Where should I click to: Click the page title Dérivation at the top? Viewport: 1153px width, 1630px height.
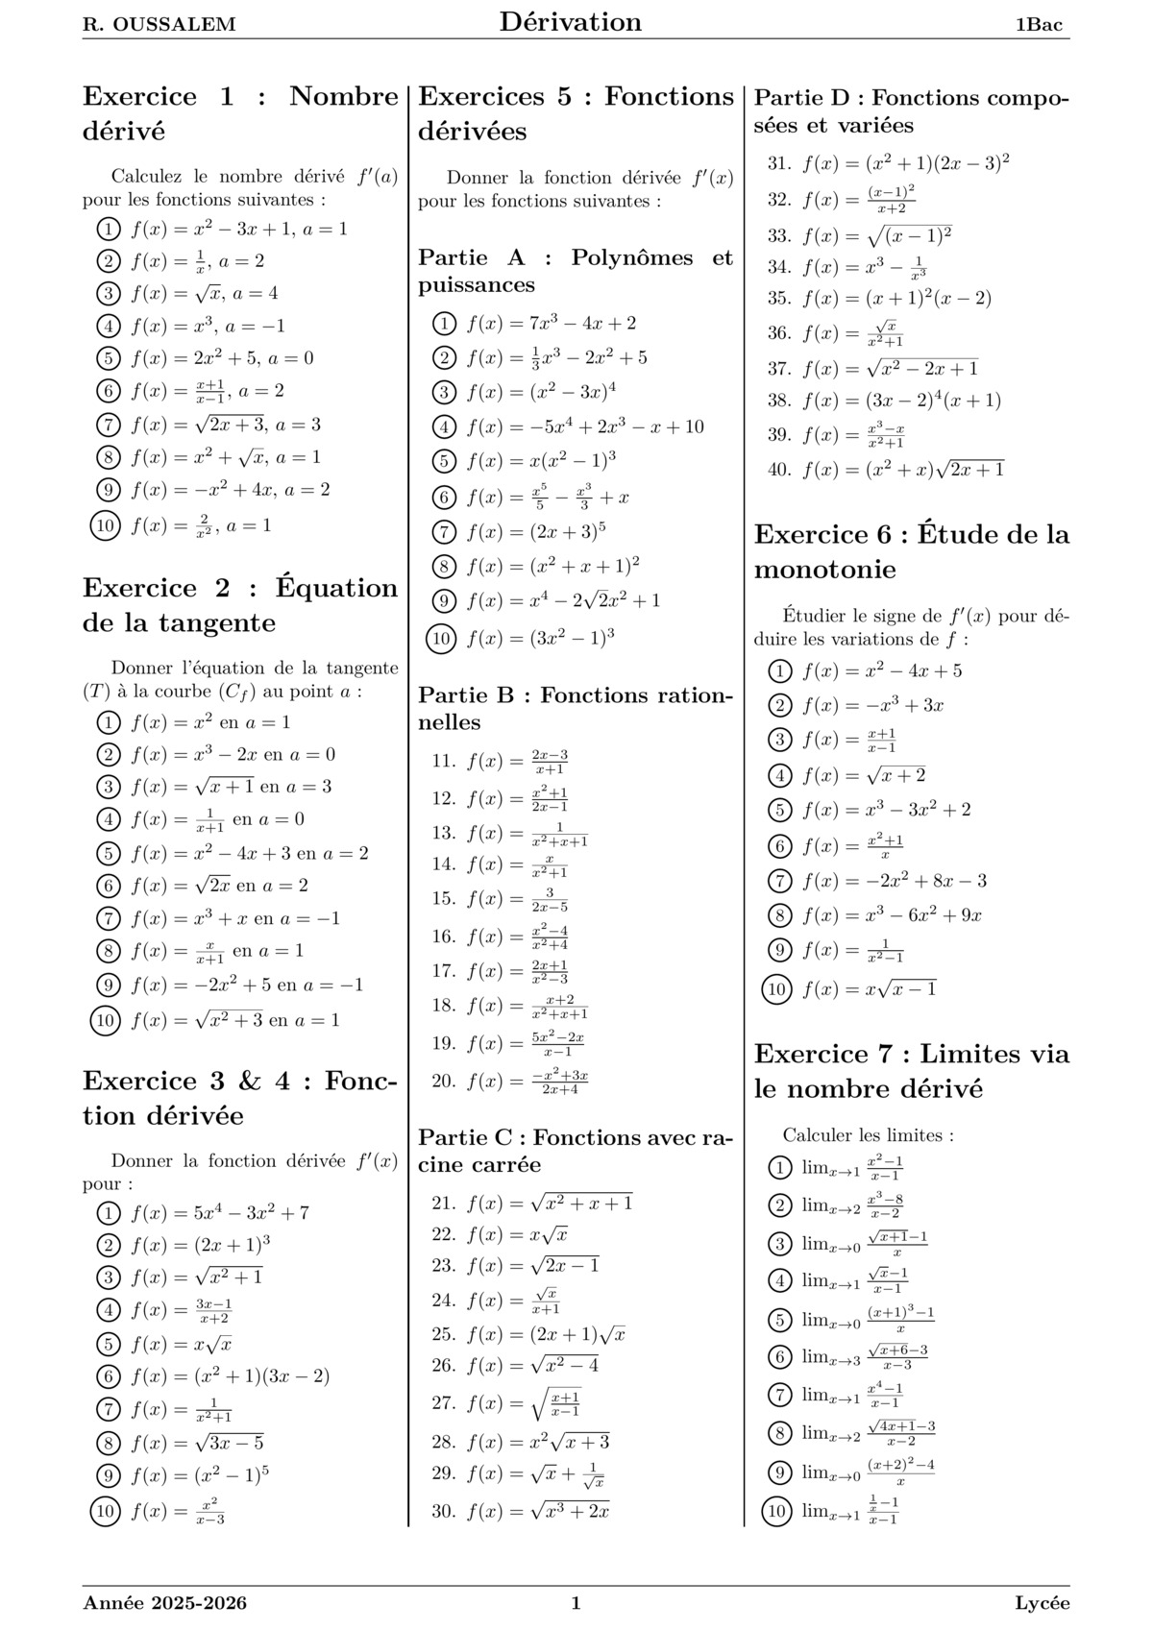570,22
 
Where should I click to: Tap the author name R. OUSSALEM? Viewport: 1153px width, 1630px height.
159,25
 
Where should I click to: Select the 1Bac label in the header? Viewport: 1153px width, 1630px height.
1039,25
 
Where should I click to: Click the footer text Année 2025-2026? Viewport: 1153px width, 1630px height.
165,1602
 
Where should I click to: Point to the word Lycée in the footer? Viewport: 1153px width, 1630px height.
1042,1602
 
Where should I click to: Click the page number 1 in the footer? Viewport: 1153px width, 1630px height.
576,1602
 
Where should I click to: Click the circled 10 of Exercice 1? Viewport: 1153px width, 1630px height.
105,525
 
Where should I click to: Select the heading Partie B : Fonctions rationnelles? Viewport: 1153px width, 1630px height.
575,709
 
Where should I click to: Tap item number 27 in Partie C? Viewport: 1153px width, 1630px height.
442,1402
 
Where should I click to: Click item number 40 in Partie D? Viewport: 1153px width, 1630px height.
778,470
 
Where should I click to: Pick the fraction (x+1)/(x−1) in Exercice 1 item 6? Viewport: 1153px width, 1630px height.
210,391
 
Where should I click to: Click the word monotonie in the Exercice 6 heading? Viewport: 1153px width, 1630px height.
824,570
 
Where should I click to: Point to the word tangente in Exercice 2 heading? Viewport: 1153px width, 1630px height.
212,622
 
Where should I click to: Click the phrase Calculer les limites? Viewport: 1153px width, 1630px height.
868,1135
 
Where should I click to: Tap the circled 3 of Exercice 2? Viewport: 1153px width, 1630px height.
109,787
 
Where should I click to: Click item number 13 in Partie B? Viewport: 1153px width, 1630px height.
443,833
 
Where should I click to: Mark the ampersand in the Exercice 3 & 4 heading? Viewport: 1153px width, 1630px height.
249,1081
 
